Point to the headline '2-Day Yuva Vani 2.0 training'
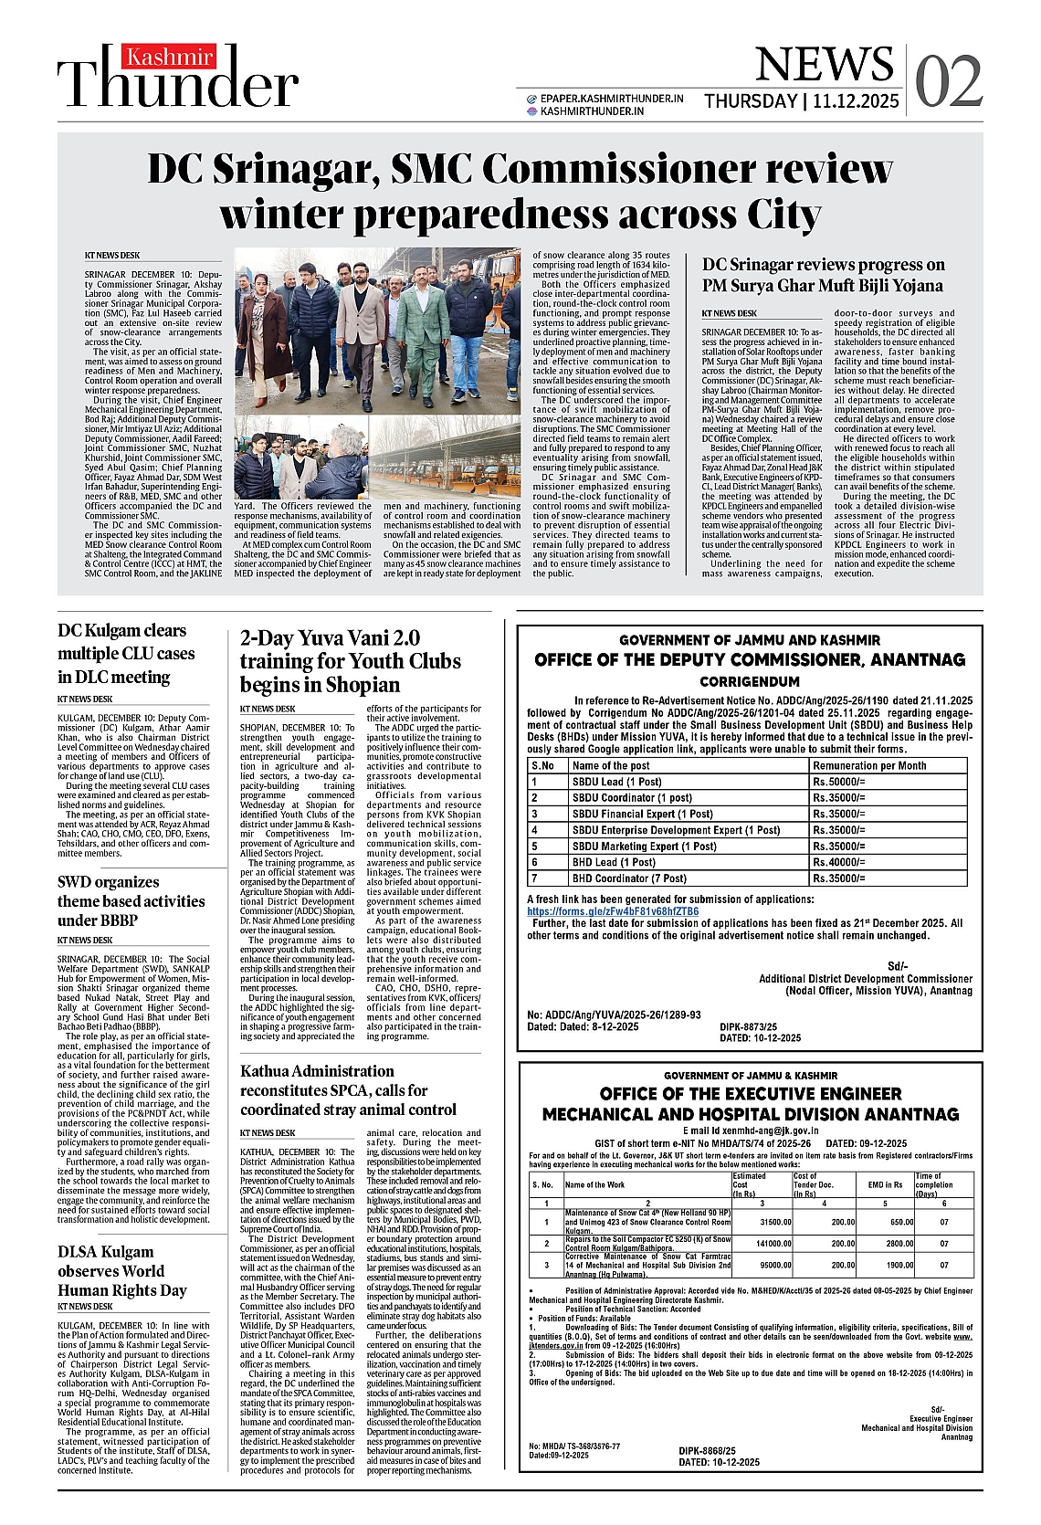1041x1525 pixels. tap(350, 661)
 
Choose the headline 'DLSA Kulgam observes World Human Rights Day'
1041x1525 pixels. tap(122, 1270)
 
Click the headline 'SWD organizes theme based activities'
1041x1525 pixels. tap(131, 901)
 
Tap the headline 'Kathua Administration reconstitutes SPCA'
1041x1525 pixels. tap(348, 1090)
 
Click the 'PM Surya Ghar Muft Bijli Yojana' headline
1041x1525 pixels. tap(823, 275)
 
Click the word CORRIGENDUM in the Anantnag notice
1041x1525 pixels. tap(750, 681)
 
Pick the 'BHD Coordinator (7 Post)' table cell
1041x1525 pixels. tap(629, 878)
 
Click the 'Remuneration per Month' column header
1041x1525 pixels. tap(869, 765)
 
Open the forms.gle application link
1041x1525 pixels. tap(613, 911)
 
